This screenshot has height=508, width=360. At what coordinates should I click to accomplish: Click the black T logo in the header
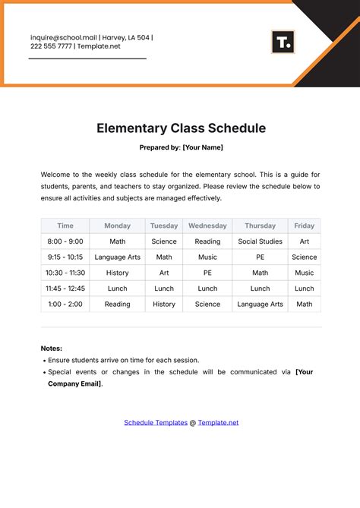coord(283,43)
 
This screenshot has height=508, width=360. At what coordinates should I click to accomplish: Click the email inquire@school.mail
coord(63,37)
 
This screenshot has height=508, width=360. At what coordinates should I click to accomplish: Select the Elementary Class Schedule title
coord(181,128)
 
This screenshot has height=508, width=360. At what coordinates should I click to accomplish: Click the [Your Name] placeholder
coord(203,147)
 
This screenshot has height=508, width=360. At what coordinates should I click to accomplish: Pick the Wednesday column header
coord(207,226)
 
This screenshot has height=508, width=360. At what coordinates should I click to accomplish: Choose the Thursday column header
coord(260,226)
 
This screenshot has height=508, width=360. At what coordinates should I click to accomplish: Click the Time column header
coord(65,226)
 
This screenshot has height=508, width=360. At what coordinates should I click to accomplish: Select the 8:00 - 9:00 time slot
coord(65,241)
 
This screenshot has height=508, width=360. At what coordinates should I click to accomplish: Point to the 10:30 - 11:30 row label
coord(65,273)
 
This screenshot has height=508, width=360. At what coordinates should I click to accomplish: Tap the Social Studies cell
coord(260,241)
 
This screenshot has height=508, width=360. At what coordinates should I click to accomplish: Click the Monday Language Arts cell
coord(117,257)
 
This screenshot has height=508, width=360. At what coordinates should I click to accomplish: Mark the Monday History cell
coord(117,273)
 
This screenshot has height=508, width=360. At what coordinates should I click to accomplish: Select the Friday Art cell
coord(304,241)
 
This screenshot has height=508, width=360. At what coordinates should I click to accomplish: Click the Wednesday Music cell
coord(207,257)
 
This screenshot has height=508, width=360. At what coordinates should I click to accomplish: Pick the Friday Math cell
coord(304,304)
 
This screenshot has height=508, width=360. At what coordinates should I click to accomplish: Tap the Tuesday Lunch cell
coord(164,289)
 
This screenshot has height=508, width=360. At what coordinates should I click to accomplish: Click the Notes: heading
coord(52,349)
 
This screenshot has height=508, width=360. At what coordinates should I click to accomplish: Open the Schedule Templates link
coord(156,422)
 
